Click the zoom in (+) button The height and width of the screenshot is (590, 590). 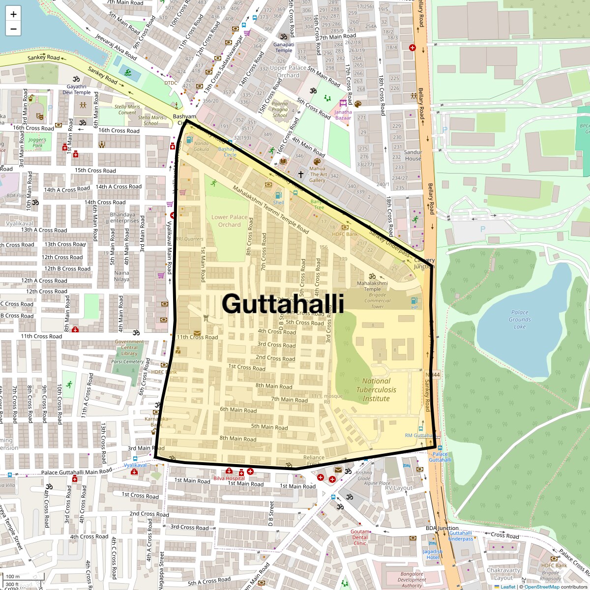click(13, 14)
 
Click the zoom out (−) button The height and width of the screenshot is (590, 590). click(13, 29)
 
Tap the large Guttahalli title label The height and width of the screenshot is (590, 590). click(283, 303)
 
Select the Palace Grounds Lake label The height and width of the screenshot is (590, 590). click(520, 319)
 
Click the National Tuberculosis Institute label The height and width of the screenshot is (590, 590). click(376, 389)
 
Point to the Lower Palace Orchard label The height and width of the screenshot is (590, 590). click(230, 221)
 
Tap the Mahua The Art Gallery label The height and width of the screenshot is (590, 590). click(318, 174)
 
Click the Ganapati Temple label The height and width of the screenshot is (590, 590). click(284, 47)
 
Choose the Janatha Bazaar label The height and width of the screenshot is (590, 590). click(343, 115)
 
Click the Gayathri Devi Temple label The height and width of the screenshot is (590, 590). click(76, 89)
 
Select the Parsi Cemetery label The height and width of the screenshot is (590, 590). click(127, 361)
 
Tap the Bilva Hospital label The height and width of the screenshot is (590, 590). click(229, 478)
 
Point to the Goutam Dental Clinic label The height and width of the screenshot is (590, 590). click(360, 537)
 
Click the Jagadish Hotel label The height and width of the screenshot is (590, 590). click(432, 554)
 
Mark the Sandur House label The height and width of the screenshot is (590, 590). click(413, 155)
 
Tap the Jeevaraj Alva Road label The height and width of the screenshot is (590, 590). click(116, 47)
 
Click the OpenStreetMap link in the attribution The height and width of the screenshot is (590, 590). click(541, 587)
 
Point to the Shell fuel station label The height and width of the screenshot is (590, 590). click(278, 203)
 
